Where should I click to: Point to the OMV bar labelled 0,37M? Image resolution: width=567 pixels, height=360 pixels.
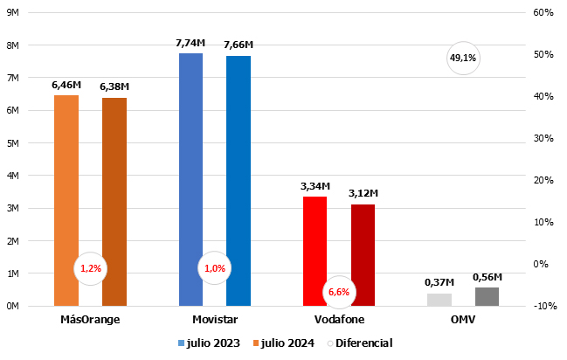(439, 300)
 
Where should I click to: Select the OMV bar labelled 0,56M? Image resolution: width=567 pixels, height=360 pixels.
(487, 297)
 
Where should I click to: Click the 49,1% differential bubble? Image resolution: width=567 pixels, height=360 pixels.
(463, 59)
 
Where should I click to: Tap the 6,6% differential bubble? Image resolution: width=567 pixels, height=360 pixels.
(338, 292)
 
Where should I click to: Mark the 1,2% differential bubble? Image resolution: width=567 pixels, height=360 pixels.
(90, 268)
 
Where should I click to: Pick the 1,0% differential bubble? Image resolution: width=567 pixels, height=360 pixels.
(214, 268)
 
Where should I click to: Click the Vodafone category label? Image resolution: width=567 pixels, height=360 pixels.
(338, 319)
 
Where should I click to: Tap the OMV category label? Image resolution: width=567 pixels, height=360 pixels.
(463, 319)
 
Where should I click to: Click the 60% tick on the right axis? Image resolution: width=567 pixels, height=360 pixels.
(543, 13)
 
